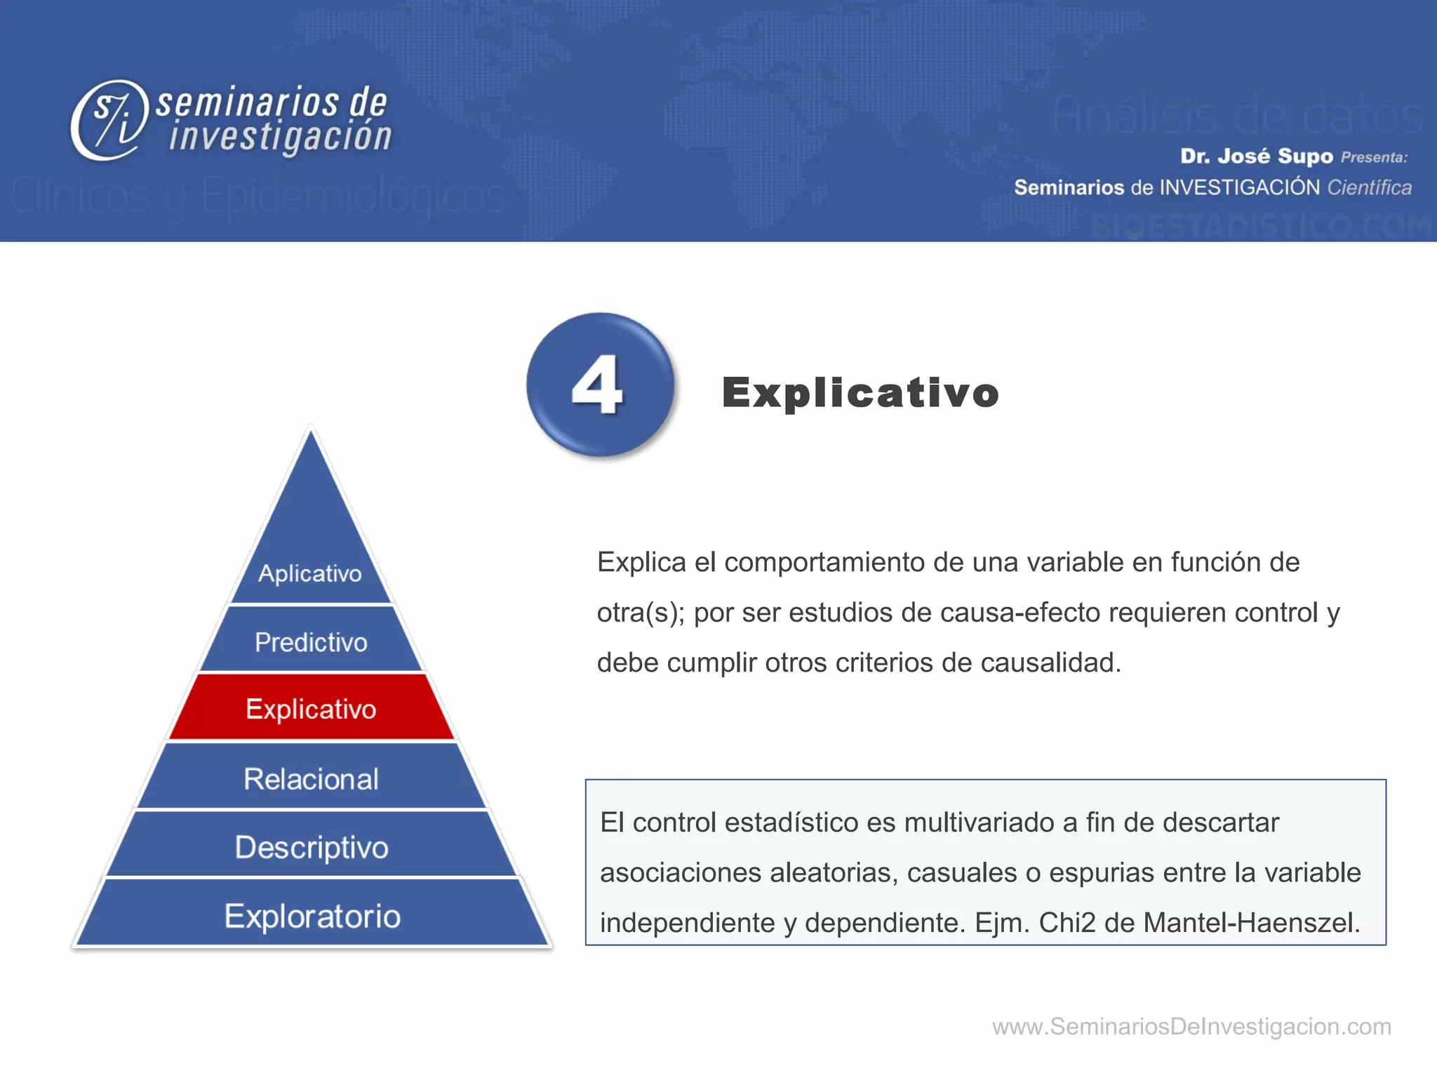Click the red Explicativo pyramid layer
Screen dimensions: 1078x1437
(311, 708)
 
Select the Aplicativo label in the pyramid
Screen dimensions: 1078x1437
(309, 573)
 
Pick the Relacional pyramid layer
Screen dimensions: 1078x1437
(311, 778)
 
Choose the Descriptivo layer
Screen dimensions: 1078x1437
(311, 846)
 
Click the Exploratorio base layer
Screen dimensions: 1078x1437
(312, 915)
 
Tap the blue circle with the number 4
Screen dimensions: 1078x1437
(599, 384)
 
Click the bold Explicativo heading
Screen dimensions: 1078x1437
(860, 392)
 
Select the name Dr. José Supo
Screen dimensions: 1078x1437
(1256, 156)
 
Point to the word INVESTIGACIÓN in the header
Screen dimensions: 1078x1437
(1239, 187)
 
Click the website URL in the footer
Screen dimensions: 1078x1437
(1191, 1026)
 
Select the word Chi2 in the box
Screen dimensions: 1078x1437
(1067, 922)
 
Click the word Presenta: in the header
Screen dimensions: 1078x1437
(1374, 157)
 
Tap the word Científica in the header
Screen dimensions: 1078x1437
(1369, 187)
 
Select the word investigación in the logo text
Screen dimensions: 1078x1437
(280, 136)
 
